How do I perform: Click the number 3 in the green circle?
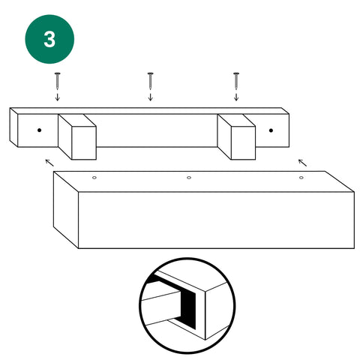pos(49,40)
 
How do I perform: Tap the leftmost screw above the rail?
pos(58,81)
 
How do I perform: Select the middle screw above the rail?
pos(150,81)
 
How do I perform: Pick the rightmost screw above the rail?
pos(236,81)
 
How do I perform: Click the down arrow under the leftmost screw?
pos(58,97)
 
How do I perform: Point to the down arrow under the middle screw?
pos(150,97)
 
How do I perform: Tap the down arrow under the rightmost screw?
pos(236,97)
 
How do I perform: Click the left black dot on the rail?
pos(39,130)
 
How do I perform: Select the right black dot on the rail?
pos(271,130)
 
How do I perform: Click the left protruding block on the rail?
pos(77,136)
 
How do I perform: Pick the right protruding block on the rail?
pos(236,136)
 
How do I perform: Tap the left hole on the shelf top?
pos(94,178)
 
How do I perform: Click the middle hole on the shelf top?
pos(189,178)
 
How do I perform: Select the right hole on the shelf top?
pos(301,178)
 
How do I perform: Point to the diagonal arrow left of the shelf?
pos(49,163)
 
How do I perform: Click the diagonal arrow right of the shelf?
pos(302,163)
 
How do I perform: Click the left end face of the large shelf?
pos(66,210)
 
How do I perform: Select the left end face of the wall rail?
pos(13,127)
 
